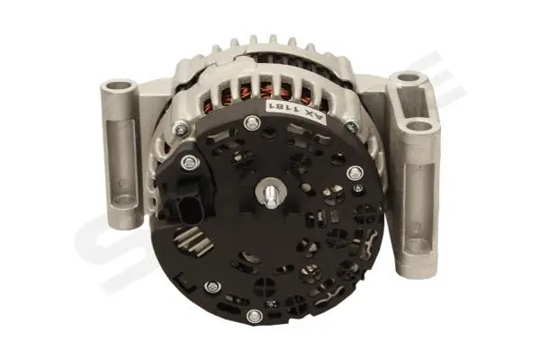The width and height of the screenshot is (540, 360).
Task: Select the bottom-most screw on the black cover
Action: tap(256, 315)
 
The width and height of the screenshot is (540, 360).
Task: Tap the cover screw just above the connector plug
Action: tap(188, 163)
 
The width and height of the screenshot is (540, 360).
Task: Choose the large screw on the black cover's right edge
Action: tap(354, 173)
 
